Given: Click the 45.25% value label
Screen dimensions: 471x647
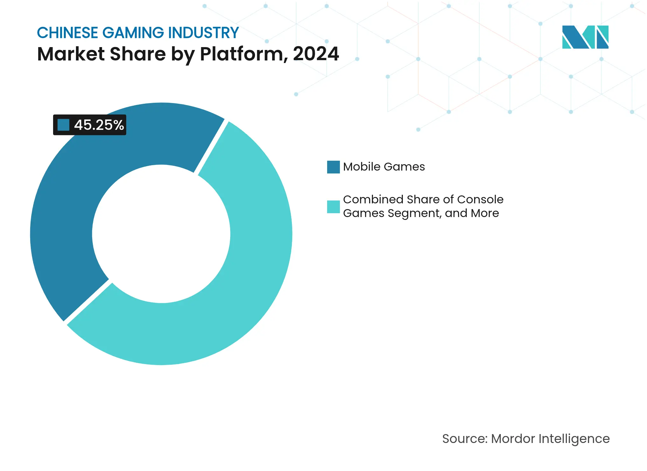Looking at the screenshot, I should coord(99,125).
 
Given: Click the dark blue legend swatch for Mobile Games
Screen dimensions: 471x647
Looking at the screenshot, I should coord(333,167).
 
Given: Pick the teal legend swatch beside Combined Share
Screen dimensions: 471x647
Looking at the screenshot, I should coord(333,207).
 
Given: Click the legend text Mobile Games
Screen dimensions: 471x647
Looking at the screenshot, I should coord(384,167).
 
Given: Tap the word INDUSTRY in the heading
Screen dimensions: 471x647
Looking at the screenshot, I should coord(203,33).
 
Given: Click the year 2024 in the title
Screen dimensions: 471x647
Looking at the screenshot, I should coord(316,54).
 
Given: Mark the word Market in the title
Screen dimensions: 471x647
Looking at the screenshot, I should coord(71,54).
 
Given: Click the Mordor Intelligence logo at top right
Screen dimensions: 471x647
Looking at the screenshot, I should coord(585,37).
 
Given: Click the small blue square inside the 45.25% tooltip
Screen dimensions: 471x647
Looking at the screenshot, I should coord(63,125).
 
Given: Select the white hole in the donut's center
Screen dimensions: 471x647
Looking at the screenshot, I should coord(161,234).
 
